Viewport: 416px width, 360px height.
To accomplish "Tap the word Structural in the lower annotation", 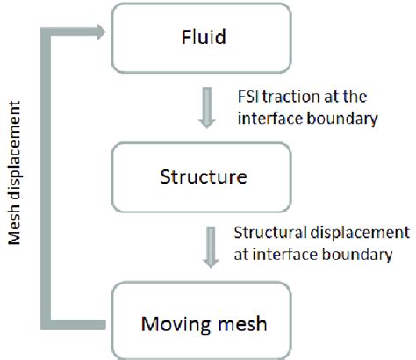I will [x=269, y=234].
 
